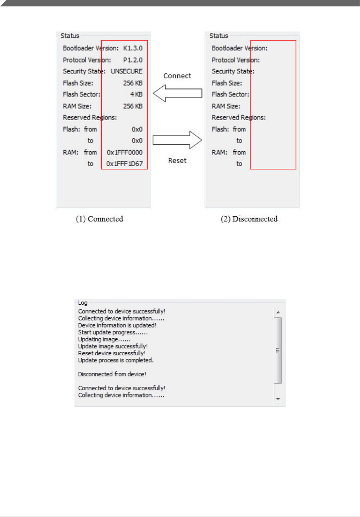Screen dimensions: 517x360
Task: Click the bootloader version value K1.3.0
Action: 133,48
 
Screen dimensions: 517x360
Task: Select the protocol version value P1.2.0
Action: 133,60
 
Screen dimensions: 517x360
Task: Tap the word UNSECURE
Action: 127,71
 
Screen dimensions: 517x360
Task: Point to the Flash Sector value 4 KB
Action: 136,95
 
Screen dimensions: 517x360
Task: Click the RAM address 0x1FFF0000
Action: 125,152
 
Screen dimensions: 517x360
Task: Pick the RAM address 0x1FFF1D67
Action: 125,164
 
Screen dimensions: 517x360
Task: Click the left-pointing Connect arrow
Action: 177,93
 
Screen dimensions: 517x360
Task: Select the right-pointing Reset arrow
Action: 177,140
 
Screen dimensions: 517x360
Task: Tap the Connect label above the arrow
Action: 177,76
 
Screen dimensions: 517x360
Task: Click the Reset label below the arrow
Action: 177,161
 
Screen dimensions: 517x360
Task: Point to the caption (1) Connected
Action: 100,219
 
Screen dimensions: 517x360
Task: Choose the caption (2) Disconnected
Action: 249,219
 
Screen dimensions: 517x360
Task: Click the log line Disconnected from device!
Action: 112,374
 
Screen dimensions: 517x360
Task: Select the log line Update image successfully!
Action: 113,346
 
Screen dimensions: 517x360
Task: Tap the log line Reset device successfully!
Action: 112,353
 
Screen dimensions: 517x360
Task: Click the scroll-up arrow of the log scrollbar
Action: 278,313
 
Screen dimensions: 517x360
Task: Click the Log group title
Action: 83,303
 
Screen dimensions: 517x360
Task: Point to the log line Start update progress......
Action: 113,332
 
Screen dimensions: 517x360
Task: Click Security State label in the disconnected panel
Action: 233,71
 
